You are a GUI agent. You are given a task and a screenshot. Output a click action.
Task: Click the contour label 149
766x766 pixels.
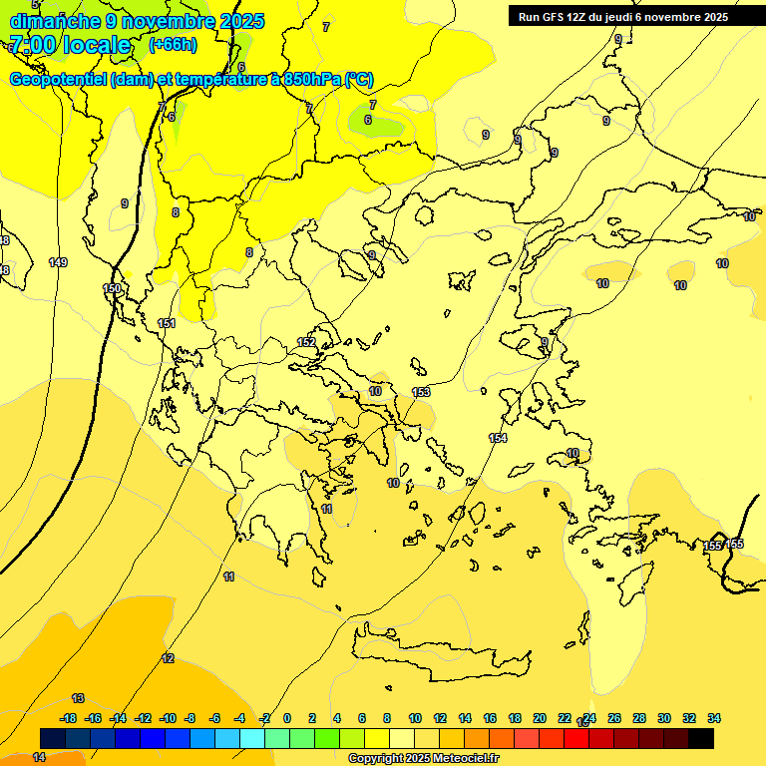click(58, 262)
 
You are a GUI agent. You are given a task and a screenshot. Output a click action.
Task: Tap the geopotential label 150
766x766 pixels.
click(112, 288)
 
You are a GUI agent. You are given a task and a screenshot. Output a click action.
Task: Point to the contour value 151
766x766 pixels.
click(167, 323)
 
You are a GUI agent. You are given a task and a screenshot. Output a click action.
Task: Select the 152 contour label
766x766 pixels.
click(306, 342)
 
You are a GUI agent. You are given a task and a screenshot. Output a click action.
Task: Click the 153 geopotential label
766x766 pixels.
click(421, 392)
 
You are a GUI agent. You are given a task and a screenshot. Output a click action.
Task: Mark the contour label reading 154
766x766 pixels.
click(498, 438)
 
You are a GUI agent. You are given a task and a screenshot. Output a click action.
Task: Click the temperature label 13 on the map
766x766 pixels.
click(78, 698)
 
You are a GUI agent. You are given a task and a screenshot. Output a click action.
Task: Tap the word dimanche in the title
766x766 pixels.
click(51, 21)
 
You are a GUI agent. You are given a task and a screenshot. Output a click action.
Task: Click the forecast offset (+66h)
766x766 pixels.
click(173, 45)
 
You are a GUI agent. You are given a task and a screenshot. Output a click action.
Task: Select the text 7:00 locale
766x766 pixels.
click(70, 45)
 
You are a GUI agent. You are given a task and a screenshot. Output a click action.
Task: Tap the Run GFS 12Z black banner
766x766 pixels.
click(623, 17)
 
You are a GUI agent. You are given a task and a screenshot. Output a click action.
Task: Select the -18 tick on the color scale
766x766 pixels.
click(69, 718)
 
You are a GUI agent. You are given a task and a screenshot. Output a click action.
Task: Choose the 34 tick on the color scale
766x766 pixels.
click(713, 718)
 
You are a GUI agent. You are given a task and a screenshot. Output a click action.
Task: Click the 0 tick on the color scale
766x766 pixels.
click(287, 718)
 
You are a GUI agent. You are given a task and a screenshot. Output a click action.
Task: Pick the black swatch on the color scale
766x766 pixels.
click(701, 738)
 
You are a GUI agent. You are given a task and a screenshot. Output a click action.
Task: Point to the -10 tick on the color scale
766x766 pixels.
click(169, 718)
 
